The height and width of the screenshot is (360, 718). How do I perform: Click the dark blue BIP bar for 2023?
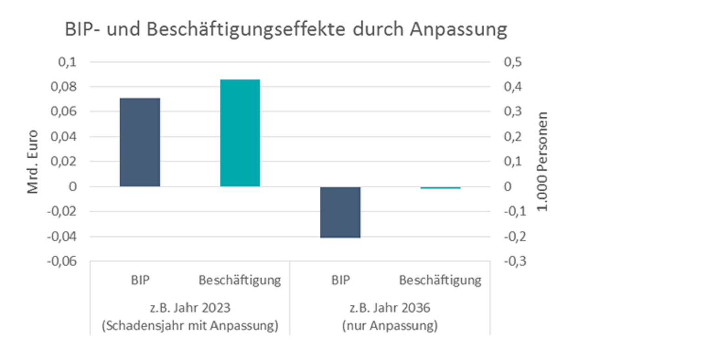pyautogui.click(x=139, y=142)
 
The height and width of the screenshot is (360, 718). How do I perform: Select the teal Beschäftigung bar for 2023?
pyautogui.click(x=240, y=133)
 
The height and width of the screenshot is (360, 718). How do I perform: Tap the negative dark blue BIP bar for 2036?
pyautogui.click(x=340, y=212)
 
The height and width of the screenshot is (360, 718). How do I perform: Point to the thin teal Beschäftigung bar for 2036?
pyautogui.click(x=441, y=188)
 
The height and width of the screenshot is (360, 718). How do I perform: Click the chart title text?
pyautogui.click(x=285, y=30)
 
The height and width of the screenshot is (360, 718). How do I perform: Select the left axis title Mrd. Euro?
pyautogui.click(x=33, y=162)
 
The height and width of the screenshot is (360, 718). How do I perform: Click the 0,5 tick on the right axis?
pyautogui.click(x=513, y=62)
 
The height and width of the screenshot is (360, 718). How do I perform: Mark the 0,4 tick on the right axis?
pyautogui.click(x=513, y=87)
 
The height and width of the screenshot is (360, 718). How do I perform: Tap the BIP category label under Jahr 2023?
pyautogui.click(x=139, y=281)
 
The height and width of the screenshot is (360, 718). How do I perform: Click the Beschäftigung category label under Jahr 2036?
pyautogui.click(x=440, y=281)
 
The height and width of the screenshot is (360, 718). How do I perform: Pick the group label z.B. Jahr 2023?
pyautogui.click(x=190, y=308)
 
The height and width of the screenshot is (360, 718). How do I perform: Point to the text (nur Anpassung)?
pyautogui.click(x=390, y=326)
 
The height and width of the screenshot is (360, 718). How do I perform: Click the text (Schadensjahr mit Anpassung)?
pyautogui.click(x=190, y=326)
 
